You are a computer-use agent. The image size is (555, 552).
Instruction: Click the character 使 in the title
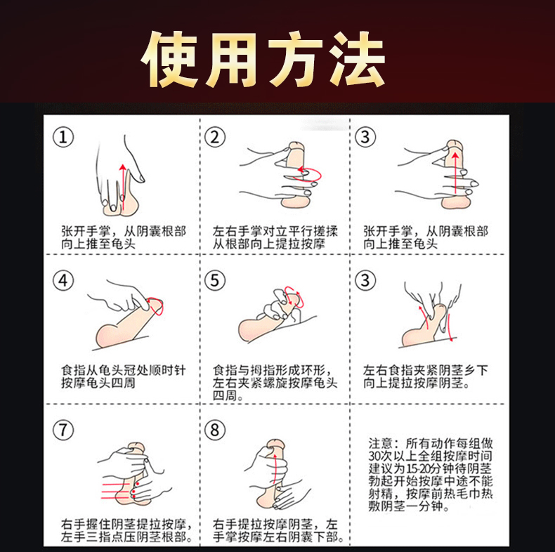169,60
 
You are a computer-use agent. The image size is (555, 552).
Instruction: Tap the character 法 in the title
356,60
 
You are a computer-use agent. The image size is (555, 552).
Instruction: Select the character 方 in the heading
296,60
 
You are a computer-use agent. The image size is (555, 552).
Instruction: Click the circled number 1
63,137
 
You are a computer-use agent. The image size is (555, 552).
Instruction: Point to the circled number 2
215,137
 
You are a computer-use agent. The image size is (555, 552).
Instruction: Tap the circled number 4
63,281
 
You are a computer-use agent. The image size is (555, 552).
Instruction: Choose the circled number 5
215,281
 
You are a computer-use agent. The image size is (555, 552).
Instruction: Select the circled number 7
63,431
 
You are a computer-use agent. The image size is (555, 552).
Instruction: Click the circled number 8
215,431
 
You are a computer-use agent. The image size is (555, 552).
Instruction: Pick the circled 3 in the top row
365,137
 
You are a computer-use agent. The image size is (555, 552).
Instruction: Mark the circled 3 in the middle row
365,281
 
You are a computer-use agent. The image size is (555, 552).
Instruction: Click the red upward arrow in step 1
123,187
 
